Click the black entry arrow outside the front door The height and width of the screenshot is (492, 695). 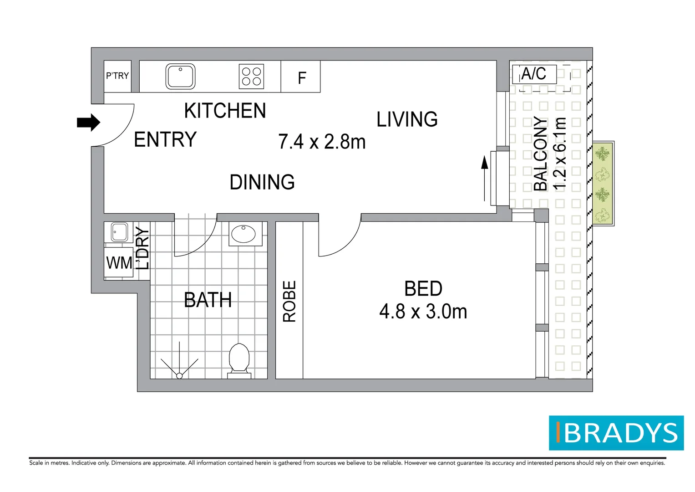pos(88,123)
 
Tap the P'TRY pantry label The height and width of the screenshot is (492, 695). pos(117,76)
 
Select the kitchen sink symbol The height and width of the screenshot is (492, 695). pos(180,77)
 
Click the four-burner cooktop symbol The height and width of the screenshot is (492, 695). pos(251,77)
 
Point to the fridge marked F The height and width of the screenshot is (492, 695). pos(302,77)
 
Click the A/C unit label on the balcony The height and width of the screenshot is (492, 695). pos(534,74)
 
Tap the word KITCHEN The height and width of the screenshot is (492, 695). pos(225,110)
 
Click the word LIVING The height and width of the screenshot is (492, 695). pos(407,119)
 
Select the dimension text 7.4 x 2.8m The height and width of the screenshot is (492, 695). pos(322,141)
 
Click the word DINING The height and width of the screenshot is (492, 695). pos(262,182)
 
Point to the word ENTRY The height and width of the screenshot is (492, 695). pos(165,139)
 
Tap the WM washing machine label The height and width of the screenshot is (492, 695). pos(119,263)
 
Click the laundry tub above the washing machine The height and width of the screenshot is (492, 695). pos(119,232)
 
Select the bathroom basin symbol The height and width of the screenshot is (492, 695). pos(244,234)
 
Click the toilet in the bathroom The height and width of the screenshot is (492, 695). pos(239,361)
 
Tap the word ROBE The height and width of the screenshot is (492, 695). pos(289,301)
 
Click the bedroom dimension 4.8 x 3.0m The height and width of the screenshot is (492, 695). pos(423,312)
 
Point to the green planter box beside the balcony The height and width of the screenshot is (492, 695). pos(603,184)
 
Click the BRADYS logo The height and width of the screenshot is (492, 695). pos(616,433)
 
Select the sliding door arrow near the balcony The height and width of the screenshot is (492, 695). pos(484,179)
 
